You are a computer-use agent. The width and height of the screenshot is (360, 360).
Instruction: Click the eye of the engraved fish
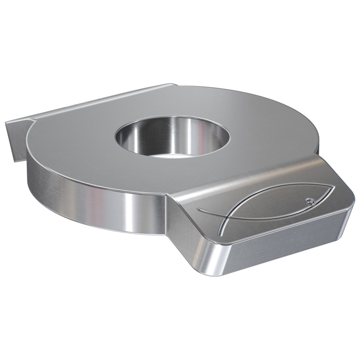309,200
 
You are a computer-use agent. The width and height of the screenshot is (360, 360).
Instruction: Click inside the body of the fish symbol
274,205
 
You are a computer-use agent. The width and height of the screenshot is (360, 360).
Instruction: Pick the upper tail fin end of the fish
198,209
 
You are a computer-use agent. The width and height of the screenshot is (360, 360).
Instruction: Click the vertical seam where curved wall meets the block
167,212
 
